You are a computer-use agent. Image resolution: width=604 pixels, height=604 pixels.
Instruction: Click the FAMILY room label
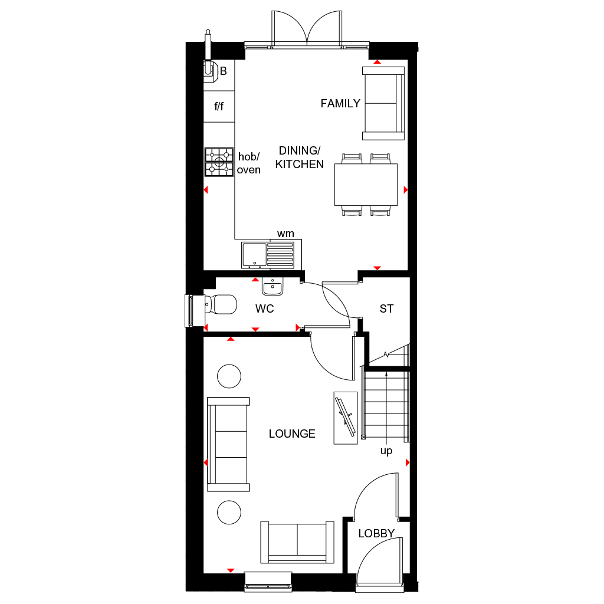(340, 104)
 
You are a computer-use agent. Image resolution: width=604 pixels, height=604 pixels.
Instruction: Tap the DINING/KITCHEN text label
(300, 158)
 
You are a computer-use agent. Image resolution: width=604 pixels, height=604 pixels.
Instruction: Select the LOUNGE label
(292, 434)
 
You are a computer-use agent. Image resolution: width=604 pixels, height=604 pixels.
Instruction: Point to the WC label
(265, 308)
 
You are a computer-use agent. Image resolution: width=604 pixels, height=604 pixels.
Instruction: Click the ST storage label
(386, 308)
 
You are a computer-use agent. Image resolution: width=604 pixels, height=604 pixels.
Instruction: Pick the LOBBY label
(376, 534)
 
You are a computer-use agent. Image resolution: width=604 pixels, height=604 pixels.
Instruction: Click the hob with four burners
(219, 162)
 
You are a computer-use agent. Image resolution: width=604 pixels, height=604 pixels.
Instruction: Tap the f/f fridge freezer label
(219, 107)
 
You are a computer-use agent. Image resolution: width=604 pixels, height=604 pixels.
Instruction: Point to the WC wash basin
(272, 287)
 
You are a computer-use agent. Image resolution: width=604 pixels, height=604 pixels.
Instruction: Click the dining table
(366, 185)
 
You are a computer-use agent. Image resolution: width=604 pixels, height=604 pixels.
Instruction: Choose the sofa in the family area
(383, 103)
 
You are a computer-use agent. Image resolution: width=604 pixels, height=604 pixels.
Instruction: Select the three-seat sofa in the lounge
(228, 444)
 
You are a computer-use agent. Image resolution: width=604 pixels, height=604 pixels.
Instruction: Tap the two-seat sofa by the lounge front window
(297, 542)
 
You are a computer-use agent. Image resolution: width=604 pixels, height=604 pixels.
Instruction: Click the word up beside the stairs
(386, 451)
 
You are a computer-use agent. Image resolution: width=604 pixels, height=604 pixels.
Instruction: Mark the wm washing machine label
(285, 234)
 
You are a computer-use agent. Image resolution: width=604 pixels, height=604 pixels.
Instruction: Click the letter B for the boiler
(224, 71)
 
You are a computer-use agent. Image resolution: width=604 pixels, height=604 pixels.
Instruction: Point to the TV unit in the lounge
(345, 418)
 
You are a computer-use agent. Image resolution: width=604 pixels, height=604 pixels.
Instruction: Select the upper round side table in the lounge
(229, 376)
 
